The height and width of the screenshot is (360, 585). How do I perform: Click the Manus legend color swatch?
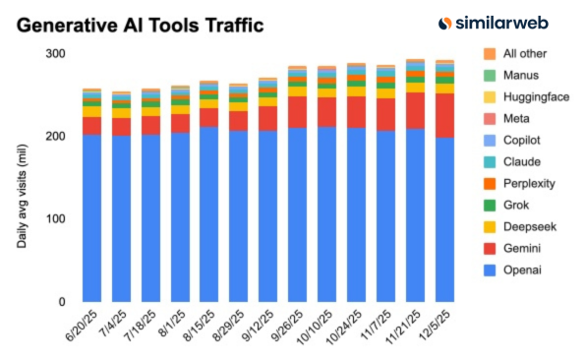tap(490, 76)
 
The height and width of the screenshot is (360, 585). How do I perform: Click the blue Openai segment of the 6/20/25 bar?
tap(91, 217)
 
